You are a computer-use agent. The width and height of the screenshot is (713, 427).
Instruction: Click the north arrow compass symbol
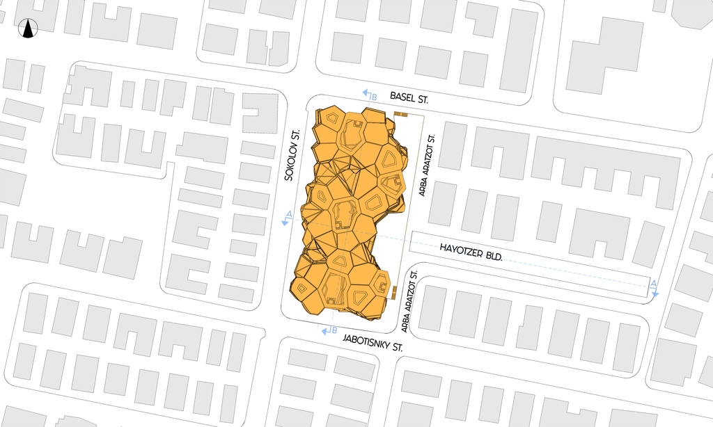29,29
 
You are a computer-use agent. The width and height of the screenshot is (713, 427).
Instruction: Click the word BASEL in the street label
403,97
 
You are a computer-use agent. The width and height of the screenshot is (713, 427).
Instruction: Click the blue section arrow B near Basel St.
368,95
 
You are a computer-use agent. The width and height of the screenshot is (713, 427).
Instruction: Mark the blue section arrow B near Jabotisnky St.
328,331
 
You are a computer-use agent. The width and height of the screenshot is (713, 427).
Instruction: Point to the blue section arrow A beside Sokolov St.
286,218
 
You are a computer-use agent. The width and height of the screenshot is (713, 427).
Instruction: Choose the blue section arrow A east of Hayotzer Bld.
654,289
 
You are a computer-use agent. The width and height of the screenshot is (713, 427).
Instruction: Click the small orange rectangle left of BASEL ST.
400,113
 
